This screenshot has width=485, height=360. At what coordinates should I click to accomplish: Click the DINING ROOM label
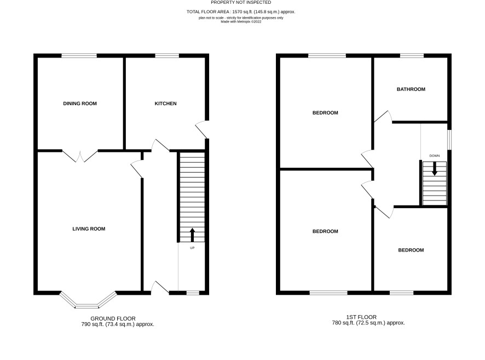(x=80, y=104)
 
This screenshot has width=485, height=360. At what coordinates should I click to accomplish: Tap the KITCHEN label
(x=165, y=104)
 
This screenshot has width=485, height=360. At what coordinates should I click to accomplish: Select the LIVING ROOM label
(x=89, y=228)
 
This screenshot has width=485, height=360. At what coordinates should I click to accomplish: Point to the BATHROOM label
(x=411, y=89)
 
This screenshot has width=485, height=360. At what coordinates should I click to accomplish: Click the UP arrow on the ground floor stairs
(x=192, y=235)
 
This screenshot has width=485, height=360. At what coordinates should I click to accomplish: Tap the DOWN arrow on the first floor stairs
(x=435, y=169)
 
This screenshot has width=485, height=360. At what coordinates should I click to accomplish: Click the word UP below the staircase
(x=192, y=248)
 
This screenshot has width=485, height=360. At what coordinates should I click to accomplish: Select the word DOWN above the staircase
(x=435, y=156)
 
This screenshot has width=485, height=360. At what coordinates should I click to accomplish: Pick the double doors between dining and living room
(x=80, y=156)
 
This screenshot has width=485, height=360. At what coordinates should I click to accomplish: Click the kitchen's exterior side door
(x=201, y=129)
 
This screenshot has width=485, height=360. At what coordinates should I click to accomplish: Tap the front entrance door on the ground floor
(x=160, y=287)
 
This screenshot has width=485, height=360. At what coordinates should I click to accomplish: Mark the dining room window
(x=79, y=56)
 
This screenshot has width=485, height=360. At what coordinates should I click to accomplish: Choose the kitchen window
(x=167, y=56)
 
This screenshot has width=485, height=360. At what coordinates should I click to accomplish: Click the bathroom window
(x=412, y=56)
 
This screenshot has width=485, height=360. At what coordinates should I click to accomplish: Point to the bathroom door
(x=384, y=116)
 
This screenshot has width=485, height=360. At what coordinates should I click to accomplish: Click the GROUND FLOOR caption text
(x=113, y=318)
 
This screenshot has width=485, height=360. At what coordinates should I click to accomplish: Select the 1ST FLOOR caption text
(x=361, y=317)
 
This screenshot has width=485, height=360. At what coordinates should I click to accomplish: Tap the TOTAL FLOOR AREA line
(x=241, y=12)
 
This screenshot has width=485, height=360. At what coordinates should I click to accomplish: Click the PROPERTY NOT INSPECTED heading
(x=241, y=2)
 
